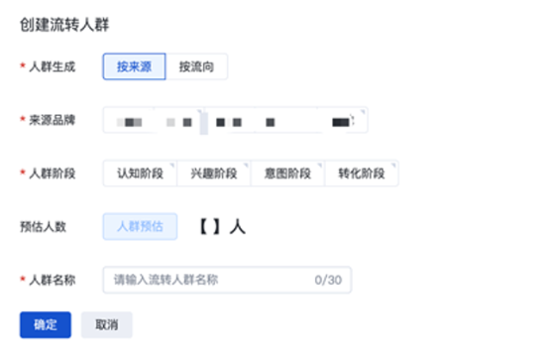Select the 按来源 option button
(134, 66)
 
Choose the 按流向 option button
(196, 66)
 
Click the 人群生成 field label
(53, 66)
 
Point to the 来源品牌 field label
(53, 121)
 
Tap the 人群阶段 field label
(53, 174)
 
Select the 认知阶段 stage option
(140, 174)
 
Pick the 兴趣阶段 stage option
(213, 174)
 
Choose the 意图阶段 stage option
(287, 174)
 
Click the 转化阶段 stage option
(361, 174)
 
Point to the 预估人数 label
(43, 226)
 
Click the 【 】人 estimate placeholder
(219, 226)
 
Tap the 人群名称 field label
(53, 280)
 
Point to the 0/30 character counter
(328, 280)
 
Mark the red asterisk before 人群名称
(22, 281)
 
